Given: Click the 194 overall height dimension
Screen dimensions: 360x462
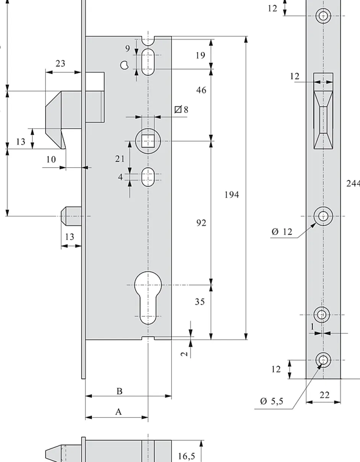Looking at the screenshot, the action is [232, 195].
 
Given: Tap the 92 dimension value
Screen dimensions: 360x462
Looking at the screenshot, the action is [201, 223].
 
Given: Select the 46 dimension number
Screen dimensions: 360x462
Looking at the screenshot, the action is [201, 90].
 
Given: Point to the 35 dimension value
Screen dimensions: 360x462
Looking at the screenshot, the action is [200, 302].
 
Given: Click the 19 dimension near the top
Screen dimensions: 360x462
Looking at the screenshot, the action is [200, 56].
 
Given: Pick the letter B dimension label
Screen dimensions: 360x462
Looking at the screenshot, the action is [119, 392].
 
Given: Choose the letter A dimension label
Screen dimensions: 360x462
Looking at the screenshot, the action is [118, 412].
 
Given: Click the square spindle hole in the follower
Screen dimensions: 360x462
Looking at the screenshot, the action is [148, 141].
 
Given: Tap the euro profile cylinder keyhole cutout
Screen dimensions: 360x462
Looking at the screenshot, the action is [148, 298].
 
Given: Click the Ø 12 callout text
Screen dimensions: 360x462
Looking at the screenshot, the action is [282, 232].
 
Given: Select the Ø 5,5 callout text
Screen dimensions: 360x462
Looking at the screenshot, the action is [272, 402].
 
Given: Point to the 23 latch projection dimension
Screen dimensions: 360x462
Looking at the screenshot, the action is [61, 64].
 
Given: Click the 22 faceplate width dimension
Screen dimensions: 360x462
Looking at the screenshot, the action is [324, 395].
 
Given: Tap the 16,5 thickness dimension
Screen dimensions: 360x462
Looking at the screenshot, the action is [186, 456].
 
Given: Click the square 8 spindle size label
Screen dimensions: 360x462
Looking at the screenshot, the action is [182, 110].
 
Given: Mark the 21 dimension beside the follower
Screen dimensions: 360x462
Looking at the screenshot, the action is [120, 159].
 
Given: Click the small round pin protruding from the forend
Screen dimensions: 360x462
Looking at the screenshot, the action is [71, 216].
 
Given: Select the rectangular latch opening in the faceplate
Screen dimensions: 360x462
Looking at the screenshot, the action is [323, 111].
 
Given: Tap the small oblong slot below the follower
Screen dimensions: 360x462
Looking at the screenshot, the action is [148, 177].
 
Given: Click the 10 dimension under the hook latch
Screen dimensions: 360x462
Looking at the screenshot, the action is [51, 160].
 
